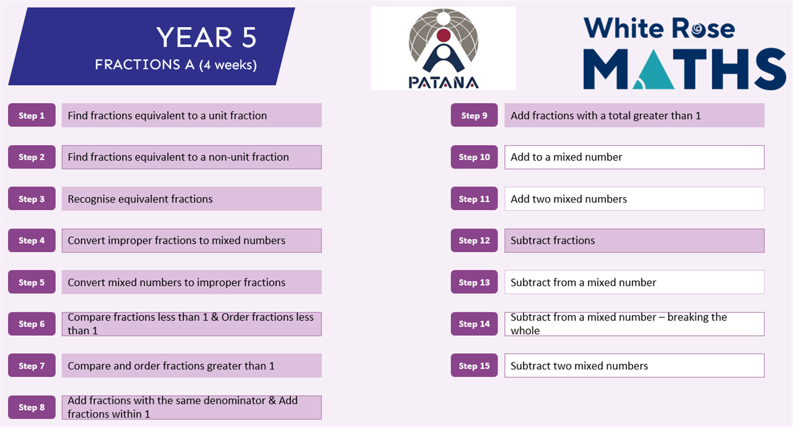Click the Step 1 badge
pyautogui.click(x=32, y=115)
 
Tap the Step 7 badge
pyautogui.click(x=32, y=366)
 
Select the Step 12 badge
pyautogui.click(x=474, y=240)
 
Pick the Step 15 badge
pyautogui.click(x=474, y=366)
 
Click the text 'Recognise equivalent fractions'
pyautogui.click(x=140, y=199)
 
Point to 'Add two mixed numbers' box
pyautogui.click(x=634, y=199)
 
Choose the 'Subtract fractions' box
pyautogui.click(x=634, y=240)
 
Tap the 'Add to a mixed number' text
pyautogui.click(x=566, y=157)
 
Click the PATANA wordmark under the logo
pyautogui.click(x=444, y=83)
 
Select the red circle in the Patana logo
pyautogui.click(x=444, y=35)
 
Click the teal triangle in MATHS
pyautogui.click(x=653, y=69)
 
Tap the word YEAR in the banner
pyautogui.click(x=194, y=37)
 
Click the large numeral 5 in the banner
pyautogui.click(x=249, y=37)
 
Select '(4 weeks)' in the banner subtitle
pyautogui.click(x=228, y=65)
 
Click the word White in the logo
pyautogui.click(x=624, y=28)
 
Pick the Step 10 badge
pyautogui.click(x=474, y=157)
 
